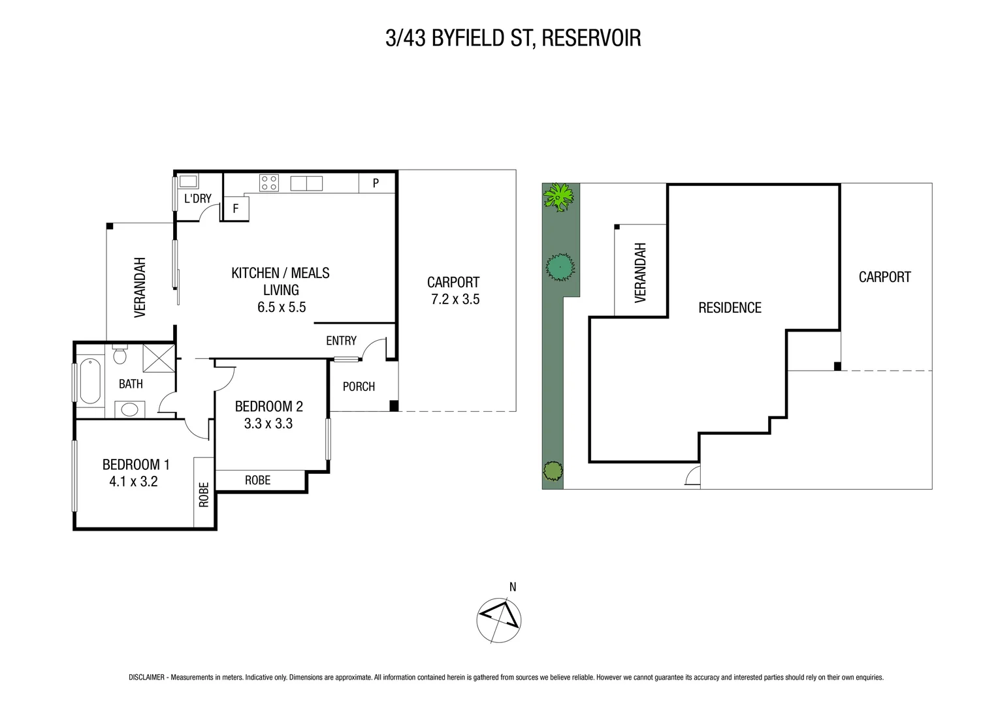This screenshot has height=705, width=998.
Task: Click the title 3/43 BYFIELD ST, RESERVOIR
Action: pyautogui.click(x=513, y=38)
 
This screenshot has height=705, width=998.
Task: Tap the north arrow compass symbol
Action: pyautogui.click(x=499, y=619)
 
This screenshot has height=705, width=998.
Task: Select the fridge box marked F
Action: pyautogui.click(x=236, y=209)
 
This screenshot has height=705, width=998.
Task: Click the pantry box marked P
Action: pyautogui.click(x=376, y=183)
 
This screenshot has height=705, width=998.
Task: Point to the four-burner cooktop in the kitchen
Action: pyautogui.click(x=268, y=183)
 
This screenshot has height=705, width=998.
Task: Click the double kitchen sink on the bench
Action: pyautogui.click(x=306, y=183)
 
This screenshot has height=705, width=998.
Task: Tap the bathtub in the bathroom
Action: pyautogui.click(x=89, y=381)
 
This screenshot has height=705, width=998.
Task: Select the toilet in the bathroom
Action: pyautogui.click(x=120, y=354)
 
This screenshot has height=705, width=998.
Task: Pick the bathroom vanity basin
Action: pyautogui.click(x=130, y=410)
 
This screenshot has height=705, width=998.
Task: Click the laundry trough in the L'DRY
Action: pyautogui.click(x=189, y=181)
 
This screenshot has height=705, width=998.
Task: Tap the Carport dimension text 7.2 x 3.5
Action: pyautogui.click(x=455, y=300)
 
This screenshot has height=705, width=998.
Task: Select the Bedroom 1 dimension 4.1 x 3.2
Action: pyautogui.click(x=134, y=482)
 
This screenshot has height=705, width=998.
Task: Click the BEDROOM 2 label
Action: pyautogui.click(x=268, y=406)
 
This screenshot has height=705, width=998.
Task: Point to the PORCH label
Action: pyautogui.click(x=359, y=386)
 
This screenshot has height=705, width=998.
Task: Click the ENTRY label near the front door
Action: pyautogui.click(x=341, y=341)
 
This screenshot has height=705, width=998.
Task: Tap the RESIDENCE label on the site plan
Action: pyautogui.click(x=730, y=307)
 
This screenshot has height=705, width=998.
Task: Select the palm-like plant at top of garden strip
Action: pyautogui.click(x=560, y=196)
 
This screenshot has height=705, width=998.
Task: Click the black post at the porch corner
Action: pyautogui.click(x=393, y=405)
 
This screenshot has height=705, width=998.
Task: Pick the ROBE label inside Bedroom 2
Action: pyautogui.click(x=257, y=480)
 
